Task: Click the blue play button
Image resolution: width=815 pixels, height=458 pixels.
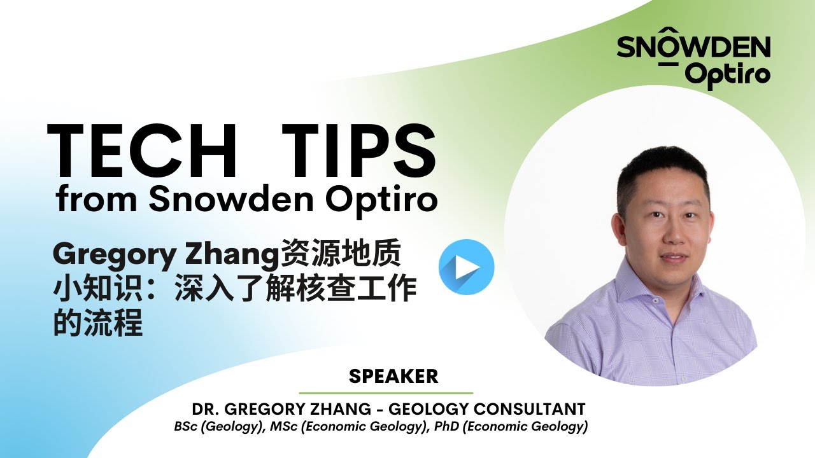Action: (466, 267)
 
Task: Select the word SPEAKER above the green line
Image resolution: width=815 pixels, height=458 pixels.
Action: (393, 376)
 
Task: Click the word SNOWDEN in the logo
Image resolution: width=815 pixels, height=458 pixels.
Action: (693, 48)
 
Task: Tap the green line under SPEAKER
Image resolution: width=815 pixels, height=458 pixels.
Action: (386, 393)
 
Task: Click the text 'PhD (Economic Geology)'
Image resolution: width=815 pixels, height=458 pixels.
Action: (511, 426)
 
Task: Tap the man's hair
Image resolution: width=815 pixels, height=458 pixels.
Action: (659, 169)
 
